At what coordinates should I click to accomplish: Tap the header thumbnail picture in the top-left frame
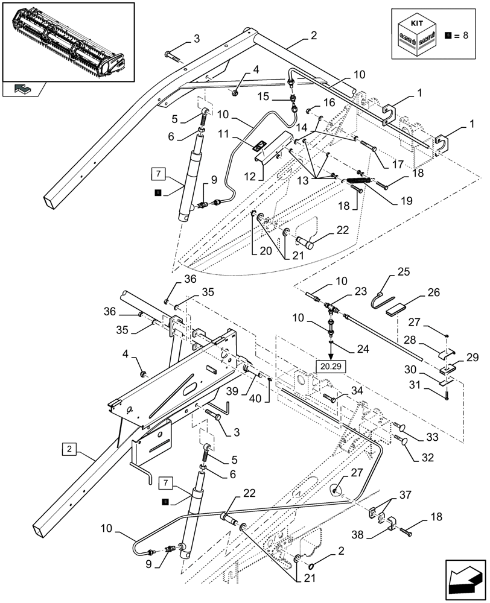[68, 40]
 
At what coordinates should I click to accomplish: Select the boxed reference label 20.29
[330, 365]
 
